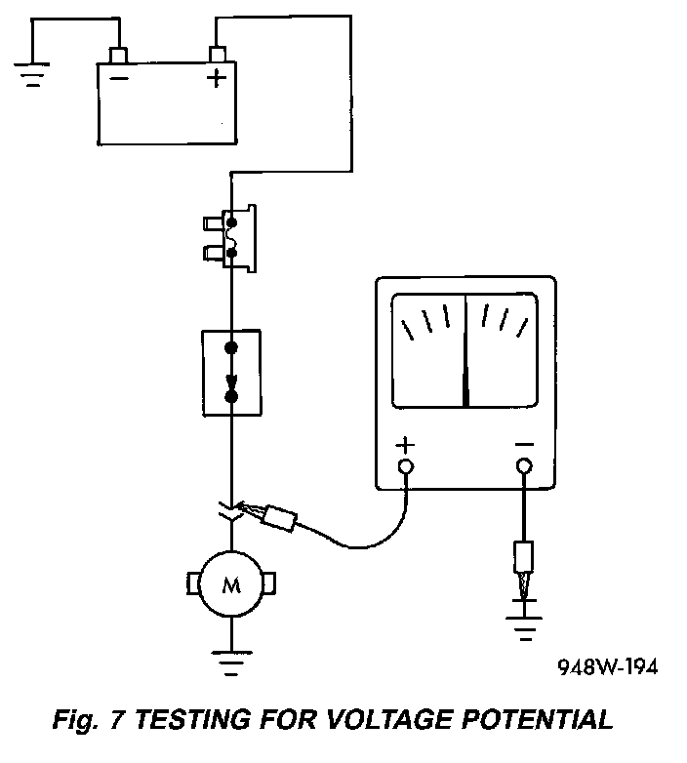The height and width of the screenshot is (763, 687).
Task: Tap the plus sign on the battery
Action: [217, 78]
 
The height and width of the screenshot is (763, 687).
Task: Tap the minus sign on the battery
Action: [119, 78]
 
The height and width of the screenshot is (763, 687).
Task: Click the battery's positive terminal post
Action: [217, 54]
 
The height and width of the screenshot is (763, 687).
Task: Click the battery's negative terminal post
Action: [119, 55]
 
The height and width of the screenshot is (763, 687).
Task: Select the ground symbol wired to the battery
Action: [32, 74]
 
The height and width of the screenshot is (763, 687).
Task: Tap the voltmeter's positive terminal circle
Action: [406, 466]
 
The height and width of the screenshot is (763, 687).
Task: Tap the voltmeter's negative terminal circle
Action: [524, 465]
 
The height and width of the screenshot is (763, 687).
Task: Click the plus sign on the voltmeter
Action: [405, 445]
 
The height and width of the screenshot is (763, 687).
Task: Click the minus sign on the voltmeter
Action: [524, 444]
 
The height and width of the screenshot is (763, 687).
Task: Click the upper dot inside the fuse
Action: [231, 222]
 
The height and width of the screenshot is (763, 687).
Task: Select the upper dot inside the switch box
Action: [231, 347]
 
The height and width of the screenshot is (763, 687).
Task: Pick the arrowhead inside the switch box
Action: [231, 381]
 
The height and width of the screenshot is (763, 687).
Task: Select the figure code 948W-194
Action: [608, 666]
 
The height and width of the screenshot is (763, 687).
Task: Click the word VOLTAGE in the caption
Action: [389, 719]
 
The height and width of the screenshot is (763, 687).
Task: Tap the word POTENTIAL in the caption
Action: [537, 719]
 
